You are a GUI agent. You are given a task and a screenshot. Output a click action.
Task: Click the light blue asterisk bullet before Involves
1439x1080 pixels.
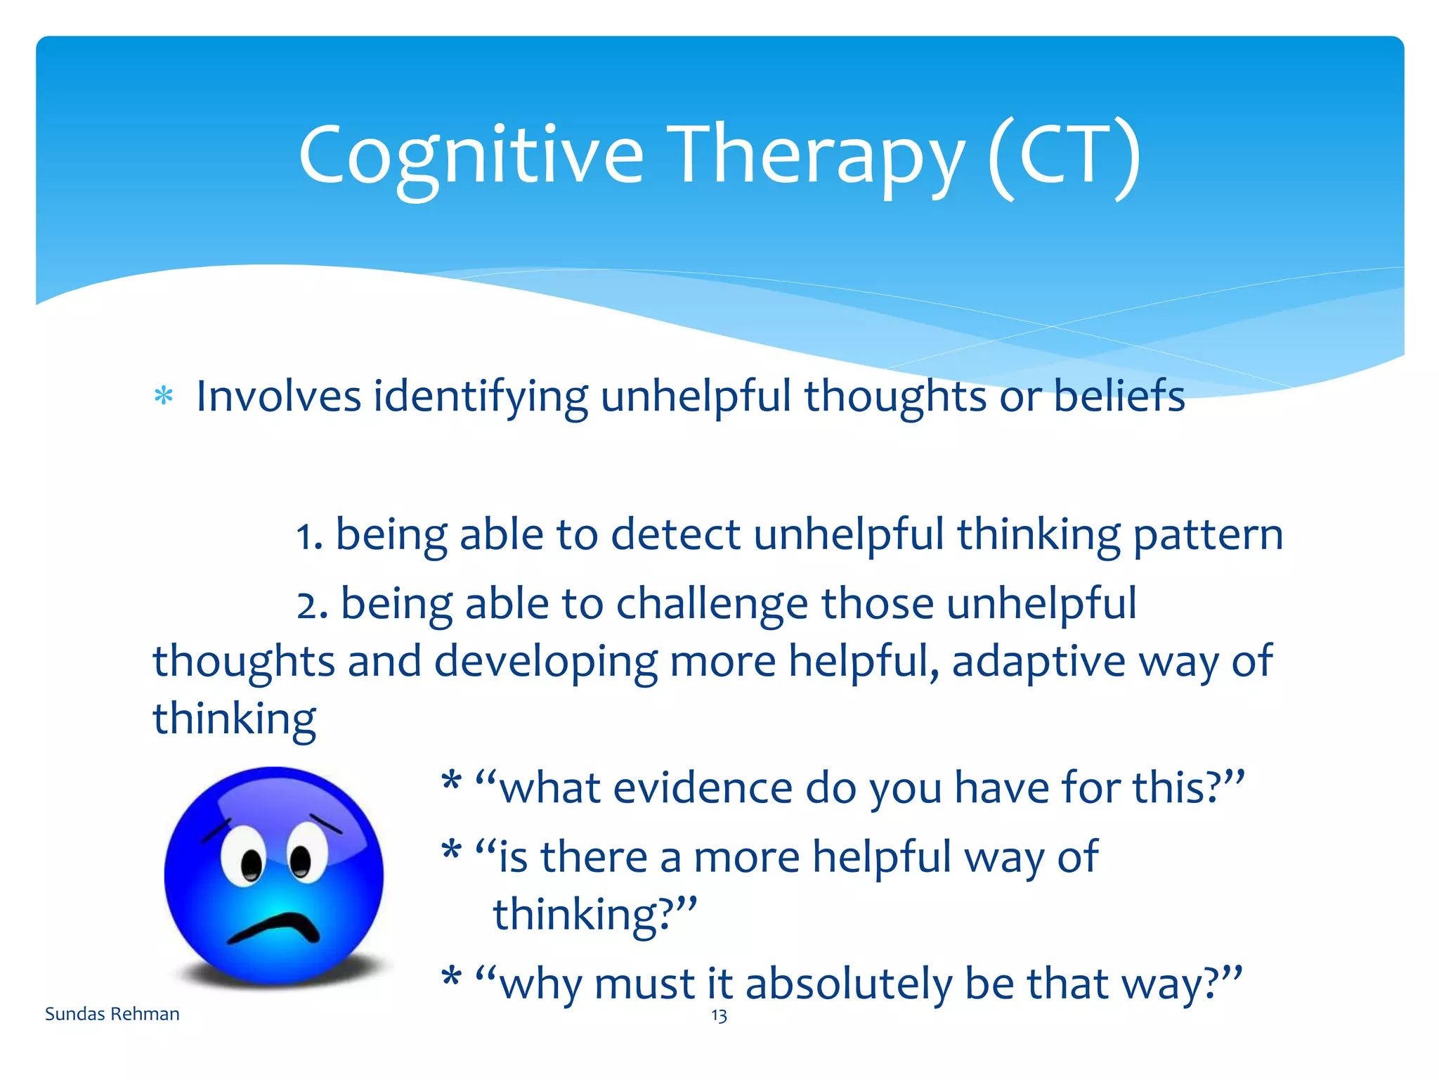point(164,397)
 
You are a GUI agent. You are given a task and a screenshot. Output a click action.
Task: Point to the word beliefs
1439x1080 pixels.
point(1119,396)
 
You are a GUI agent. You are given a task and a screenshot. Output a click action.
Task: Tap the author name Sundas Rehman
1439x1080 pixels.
point(112,1014)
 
